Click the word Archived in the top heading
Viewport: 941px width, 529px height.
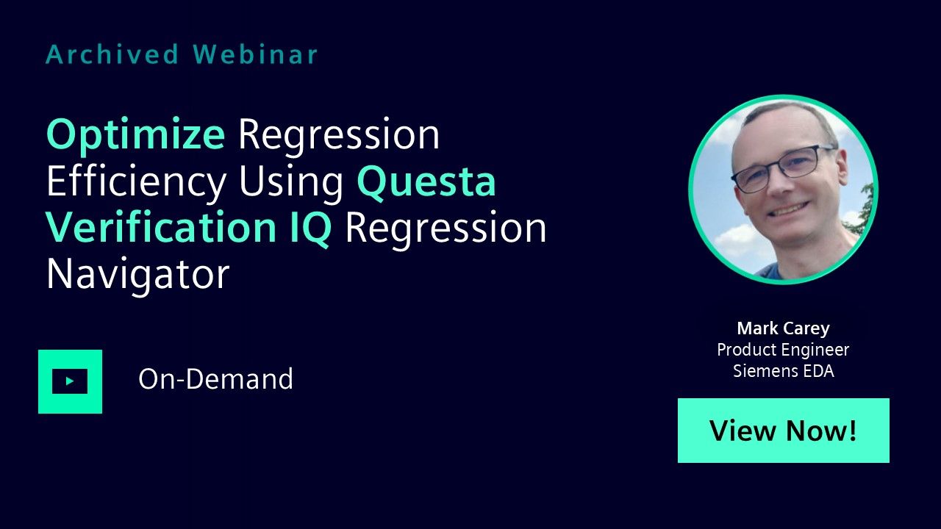pyautogui.click(x=112, y=54)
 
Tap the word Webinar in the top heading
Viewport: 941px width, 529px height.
pyautogui.click(x=255, y=54)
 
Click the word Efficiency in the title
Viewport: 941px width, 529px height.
pyautogui.click(x=137, y=181)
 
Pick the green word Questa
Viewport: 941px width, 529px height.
pyautogui.click(x=426, y=182)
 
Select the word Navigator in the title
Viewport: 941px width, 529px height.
pyautogui.click(x=137, y=275)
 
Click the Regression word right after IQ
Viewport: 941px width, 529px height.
pyautogui.click(x=446, y=228)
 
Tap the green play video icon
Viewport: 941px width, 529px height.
pyautogui.click(x=70, y=381)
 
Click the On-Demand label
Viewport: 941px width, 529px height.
pyautogui.click(x=215, y=379)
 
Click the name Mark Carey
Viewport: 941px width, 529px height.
pyautogui.click(x=784, y=328)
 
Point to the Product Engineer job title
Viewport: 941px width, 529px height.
pyautogui.click(x=783, y=350)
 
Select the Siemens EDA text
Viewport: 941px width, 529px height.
pyautogui.click(x=784, y=371)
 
